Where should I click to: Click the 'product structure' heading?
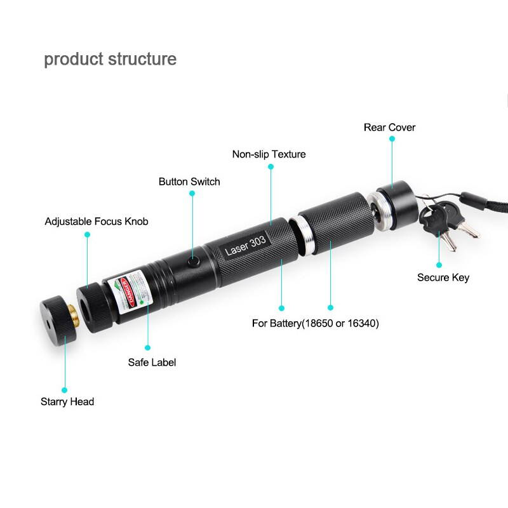[110, 60]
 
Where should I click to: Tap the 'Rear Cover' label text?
[389, 128]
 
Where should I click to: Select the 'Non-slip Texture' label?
[269, 154]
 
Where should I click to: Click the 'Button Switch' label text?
[189, 182]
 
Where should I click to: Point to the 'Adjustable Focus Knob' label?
[97, 222]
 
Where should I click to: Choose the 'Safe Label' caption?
[152, 363]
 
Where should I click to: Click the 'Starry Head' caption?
[67, 401]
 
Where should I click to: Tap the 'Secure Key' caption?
[443, 277]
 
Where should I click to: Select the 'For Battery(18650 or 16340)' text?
[315, 323]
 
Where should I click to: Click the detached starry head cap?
[53, 317]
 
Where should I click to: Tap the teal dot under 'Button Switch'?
[193, 196]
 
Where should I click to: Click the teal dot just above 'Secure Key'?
[439, 264]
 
